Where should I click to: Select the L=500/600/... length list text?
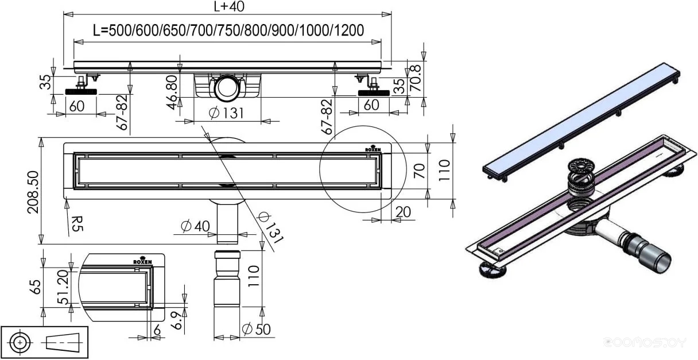tap(228, 30)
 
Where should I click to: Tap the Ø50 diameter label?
tap(256, 330)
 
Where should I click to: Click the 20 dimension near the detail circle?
tap(403, 211)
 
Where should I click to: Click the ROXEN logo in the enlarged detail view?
tap(143, 261)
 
